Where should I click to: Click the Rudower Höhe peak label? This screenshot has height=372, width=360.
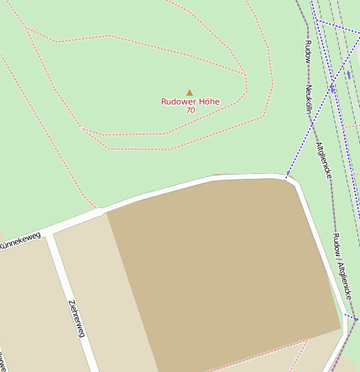[190, 102]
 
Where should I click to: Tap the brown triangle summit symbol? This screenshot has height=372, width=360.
[190, 92]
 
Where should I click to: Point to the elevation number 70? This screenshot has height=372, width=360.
[190, 110]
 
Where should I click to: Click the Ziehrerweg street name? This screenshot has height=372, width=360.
[76, 318]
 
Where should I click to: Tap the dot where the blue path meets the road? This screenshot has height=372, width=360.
[286, 176]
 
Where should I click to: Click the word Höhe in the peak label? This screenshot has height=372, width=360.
[209, 102]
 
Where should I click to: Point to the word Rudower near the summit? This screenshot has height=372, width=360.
[179, 102]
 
